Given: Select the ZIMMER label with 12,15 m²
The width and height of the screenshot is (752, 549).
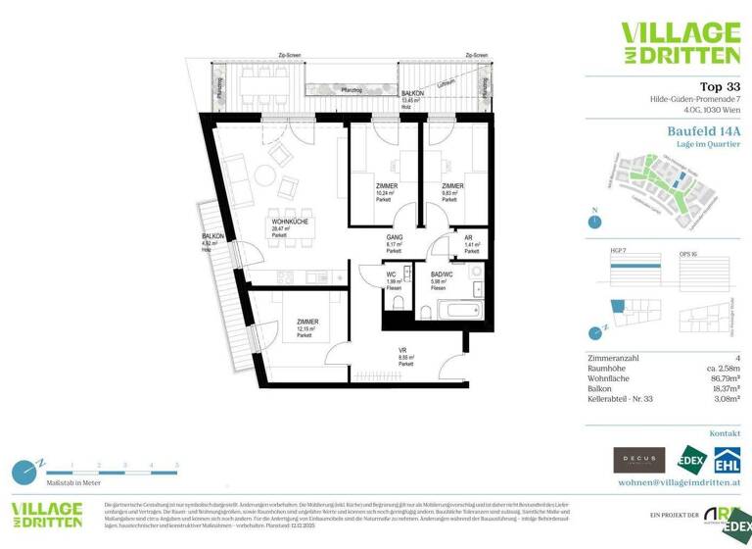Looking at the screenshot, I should [305, 325].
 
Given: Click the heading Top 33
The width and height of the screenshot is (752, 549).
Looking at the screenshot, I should [719, 86].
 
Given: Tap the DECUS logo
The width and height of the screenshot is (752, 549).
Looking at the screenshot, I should [638, 460].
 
